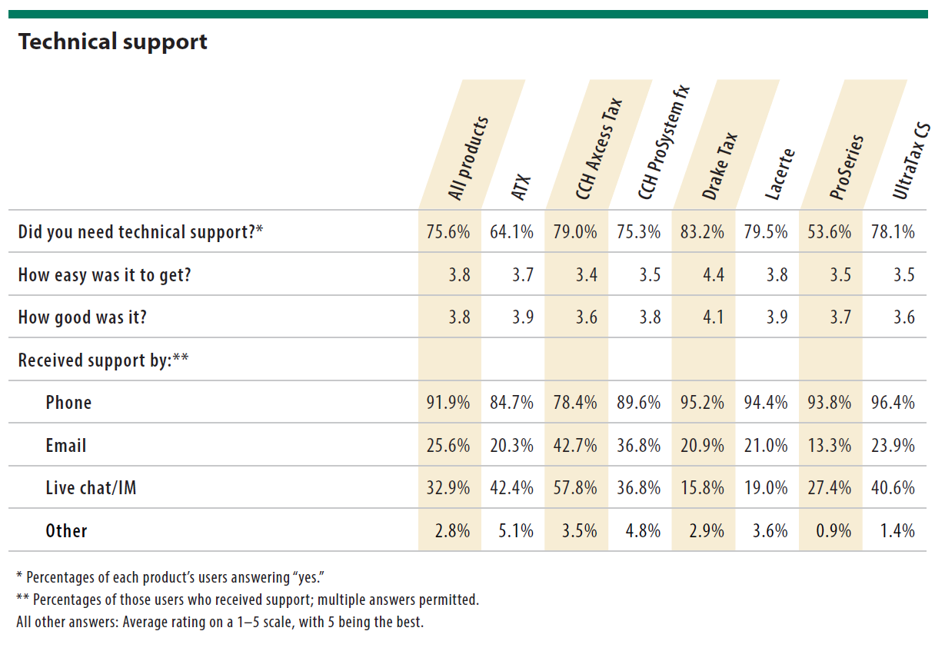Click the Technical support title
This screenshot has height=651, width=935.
[113, 42]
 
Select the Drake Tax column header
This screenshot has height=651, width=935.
[720, 166]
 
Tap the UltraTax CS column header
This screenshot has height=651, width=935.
[911, 161]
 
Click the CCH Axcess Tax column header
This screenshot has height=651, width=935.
[598, 149]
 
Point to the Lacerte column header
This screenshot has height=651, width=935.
[780, 174]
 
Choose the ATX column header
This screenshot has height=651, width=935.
[521, 188]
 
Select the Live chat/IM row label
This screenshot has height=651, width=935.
[91, 488]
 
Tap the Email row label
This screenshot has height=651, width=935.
[66, 446]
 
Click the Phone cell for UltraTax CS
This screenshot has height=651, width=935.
[893, 403]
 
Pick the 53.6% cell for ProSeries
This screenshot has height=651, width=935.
[830, 232]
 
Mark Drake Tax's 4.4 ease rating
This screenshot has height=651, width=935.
[713, 274]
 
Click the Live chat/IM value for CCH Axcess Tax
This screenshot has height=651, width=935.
[575, 488]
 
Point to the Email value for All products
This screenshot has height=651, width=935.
[448, 446]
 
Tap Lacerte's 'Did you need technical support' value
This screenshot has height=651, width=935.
[766, 232]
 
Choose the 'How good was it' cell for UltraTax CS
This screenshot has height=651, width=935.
[904, 317]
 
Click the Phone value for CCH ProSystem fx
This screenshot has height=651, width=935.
[639, 403]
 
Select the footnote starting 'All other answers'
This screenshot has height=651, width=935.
[220, 622]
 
